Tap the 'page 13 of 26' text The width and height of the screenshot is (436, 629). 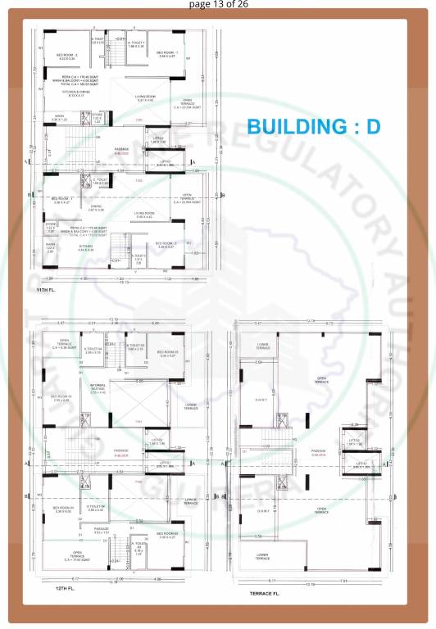point(217,4)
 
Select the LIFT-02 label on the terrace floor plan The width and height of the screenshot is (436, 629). point(354,441)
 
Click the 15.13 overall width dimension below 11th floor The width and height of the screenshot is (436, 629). point(124,283)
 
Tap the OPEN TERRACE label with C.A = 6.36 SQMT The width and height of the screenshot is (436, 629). point(64,344)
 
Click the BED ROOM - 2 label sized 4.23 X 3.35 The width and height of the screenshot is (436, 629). point(66,57)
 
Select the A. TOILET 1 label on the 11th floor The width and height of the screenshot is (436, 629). point(135,44)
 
